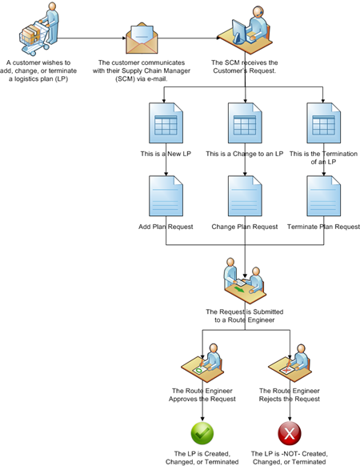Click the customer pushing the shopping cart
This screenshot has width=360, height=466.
coord(39,29)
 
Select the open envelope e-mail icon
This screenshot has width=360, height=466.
coord(142,38)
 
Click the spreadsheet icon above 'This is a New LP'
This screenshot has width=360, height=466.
coord(166,123)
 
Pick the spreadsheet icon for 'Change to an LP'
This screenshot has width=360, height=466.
coord(245,123)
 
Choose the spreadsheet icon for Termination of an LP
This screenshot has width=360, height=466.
coord(324,123)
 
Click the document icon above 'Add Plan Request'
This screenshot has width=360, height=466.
coord(166,196)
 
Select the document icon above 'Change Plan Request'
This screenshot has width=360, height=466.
coord(245,196)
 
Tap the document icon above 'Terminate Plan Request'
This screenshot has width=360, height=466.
coord(324,196)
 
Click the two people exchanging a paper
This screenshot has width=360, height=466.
coord(245,280)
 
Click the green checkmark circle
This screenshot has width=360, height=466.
coord(202,433)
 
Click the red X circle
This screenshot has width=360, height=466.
coord(290,433)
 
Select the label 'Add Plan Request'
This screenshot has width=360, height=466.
coord(166,227)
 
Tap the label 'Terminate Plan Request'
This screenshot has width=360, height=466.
coord(323,227)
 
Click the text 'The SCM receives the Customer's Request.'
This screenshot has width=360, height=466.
coord(245,66)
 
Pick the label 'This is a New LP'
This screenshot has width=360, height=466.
coord(166,154)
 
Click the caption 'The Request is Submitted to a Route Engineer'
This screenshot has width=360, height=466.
coord(245,315)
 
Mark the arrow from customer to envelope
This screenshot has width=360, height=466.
coord(91,38)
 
